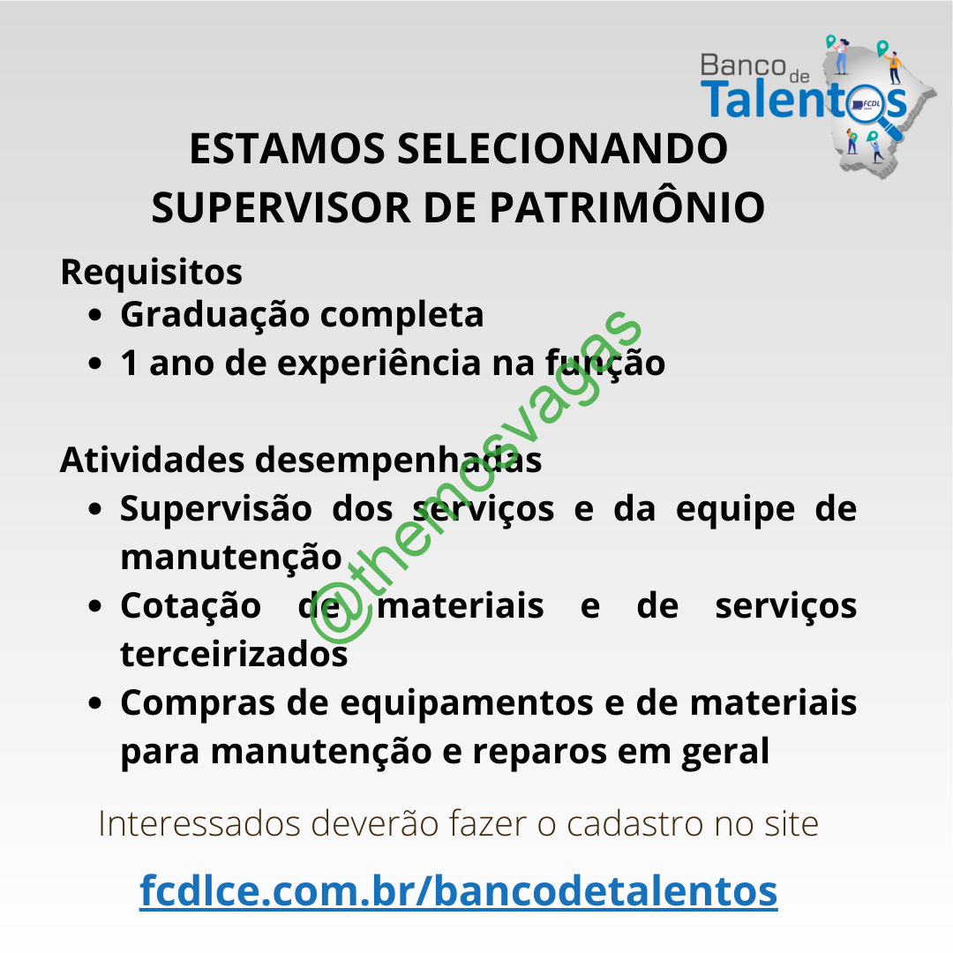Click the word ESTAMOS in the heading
pyautogui.click(x=287, y=149)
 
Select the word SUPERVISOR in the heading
pyautogui.click(x=281, y=208)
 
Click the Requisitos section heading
pyautogui.click(x=152, y=273)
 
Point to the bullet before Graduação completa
pyautogui.click(x=94, y=315)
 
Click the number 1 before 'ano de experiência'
pyautogui.click(x=129, y=363)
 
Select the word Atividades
pyautogui.click(x=152, y=460)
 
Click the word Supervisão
pyautogui.click(x=216, y=509)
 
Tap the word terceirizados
pyautogui.click(x=234, y=655)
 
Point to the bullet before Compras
pyautogui.click(x=94, y=703)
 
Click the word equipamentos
pyautogui.click(x=467, y=704)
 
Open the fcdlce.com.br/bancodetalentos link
pyautogui.click(x=458, y=891)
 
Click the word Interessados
pyautogui.click(x=199, y=825)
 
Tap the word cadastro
pyautogui.click(x=634, y=825)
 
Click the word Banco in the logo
pyautogui.click(x=743, y=65)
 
